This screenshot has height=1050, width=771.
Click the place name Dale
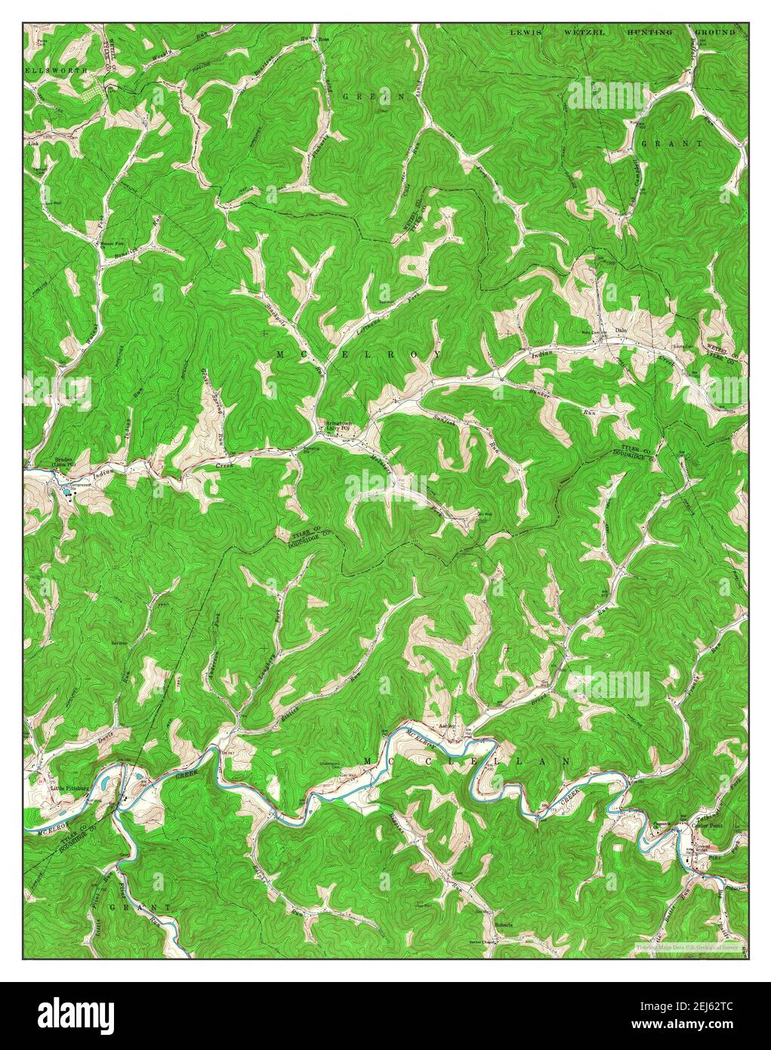click(x=621, y=330)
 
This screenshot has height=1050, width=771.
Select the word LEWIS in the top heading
click(x=526, y=33)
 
